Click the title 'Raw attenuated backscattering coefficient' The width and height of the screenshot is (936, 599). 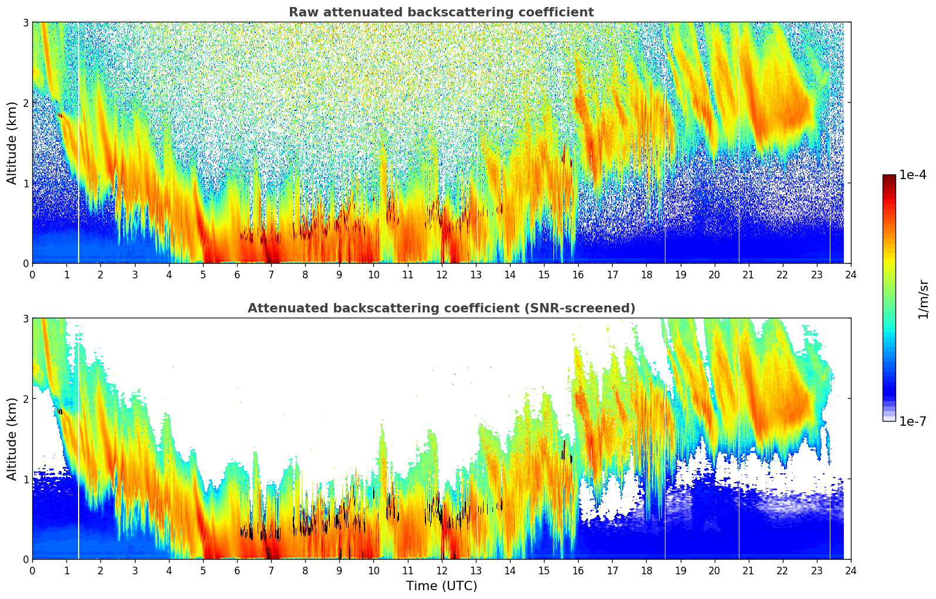(x=441, y=12)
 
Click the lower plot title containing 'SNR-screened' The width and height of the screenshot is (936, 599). (x=441, y=308)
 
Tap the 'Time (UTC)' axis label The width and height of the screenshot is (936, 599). (x=441, y=585)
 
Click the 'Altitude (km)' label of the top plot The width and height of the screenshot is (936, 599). (x=12, y=143)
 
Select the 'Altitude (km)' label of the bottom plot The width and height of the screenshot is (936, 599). (x=12, y=439)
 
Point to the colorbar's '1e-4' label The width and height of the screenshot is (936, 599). (x=913, y=175)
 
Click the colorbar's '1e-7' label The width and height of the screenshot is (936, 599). (x=913, y=421)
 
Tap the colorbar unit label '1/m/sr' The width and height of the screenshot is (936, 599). (x=923, y=299)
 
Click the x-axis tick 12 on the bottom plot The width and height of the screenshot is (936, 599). (x=441, y=571)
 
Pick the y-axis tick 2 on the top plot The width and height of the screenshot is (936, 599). (x=25, y=103)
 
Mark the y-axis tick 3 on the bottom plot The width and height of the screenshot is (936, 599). (x=25, y=318)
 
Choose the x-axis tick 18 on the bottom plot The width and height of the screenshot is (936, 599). (x=646, y=571)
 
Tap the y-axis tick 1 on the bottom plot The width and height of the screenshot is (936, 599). (x=25, y=479)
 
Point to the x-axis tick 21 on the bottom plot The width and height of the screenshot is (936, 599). (x=748, y=571)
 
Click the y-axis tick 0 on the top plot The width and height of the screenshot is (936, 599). (x=25, y=264)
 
